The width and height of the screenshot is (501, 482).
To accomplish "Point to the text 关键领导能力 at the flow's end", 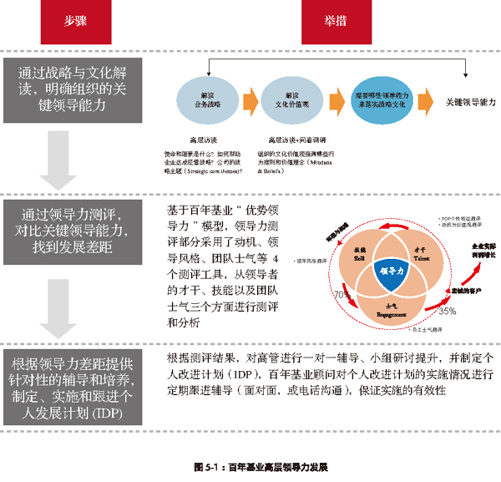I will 471,100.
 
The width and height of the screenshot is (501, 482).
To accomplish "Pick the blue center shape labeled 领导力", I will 392,272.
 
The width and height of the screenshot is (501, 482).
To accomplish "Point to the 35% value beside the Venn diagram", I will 448,311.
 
